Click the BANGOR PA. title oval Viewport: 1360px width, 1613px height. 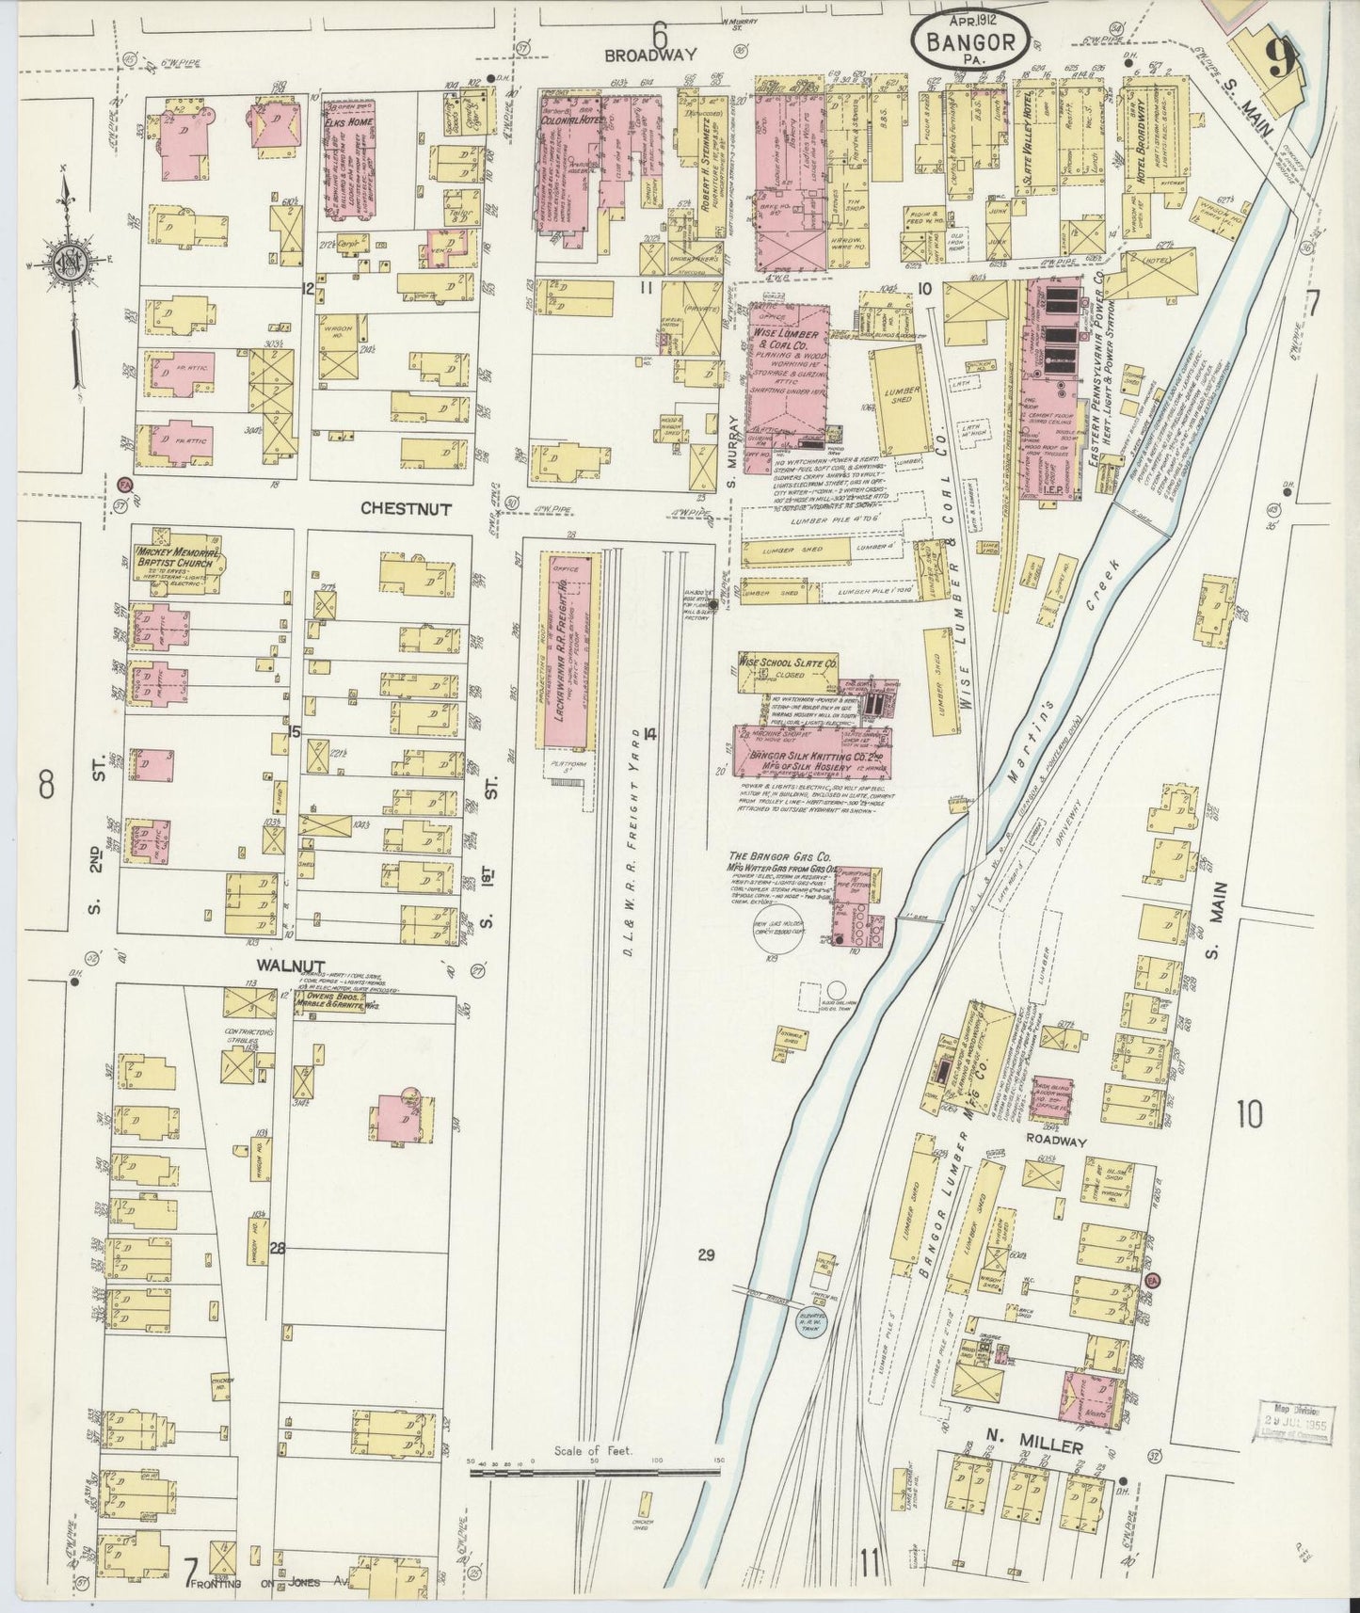tap(969, 39)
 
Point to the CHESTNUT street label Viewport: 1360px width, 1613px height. tap(406, 508)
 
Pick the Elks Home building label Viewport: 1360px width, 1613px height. tap(348, 122)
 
